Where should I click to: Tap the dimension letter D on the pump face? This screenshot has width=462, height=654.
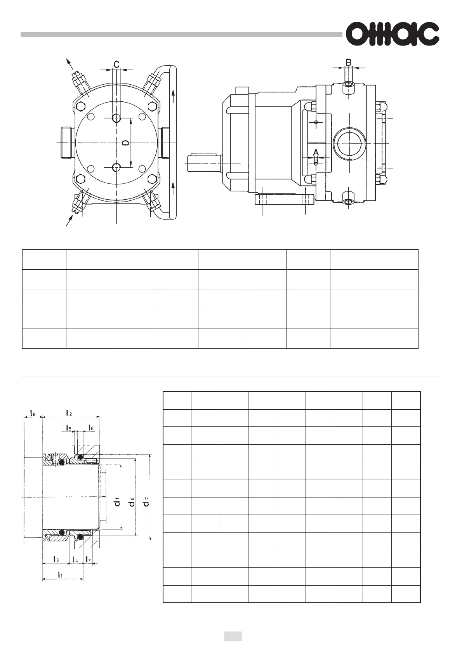[125, 143]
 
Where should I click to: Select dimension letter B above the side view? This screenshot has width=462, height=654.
[349, 62]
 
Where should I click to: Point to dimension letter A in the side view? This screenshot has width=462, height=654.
[316, 151]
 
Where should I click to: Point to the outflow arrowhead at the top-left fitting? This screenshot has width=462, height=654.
[68, 62]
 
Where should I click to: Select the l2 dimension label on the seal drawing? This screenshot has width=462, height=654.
[69, 412]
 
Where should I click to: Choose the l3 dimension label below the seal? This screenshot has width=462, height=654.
[56, 560]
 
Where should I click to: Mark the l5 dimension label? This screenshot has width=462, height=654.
[68, 428]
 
